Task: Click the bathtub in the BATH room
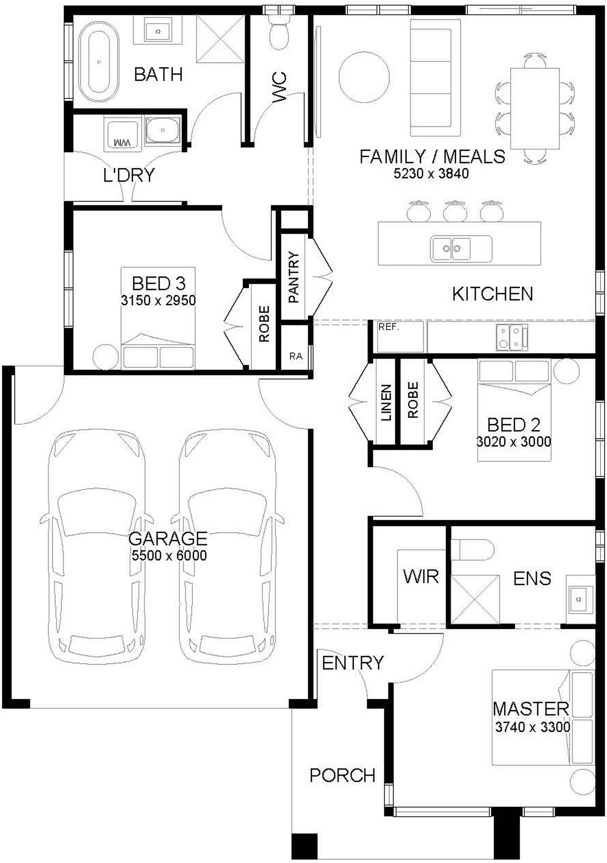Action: (x=99, y=61)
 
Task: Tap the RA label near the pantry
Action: (x=296, y=356)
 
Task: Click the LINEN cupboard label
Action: (x=386, y=402)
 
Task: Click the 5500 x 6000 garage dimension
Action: (x=169, y=555)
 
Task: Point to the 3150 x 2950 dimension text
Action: (x=158, y=300)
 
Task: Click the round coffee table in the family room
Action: (x=364, y=77)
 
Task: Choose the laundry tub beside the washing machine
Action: (x=163, y=130)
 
